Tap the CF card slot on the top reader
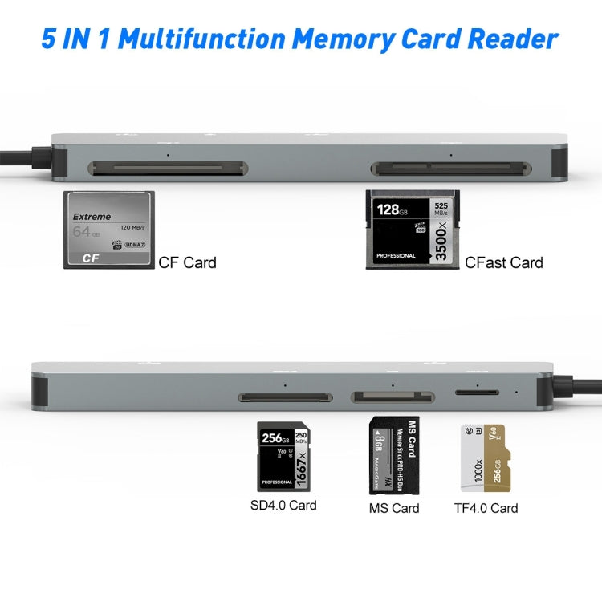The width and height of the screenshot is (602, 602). tap(168, 169)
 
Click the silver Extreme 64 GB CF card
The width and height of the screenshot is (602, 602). tap(108, 229)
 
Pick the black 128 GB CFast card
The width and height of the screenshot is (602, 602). tap(411, 230)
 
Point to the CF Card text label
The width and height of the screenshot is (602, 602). tap(187, 262)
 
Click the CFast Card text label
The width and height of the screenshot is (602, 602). tap(503, 262)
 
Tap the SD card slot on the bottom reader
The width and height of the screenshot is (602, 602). tap(285, 397)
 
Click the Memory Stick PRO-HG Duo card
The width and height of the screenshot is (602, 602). tap(393, 456)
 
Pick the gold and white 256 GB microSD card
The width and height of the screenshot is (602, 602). tap(486, 458)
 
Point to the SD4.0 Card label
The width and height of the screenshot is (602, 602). tap(283, 505)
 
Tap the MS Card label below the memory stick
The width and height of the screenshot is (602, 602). tap(393, 507)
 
